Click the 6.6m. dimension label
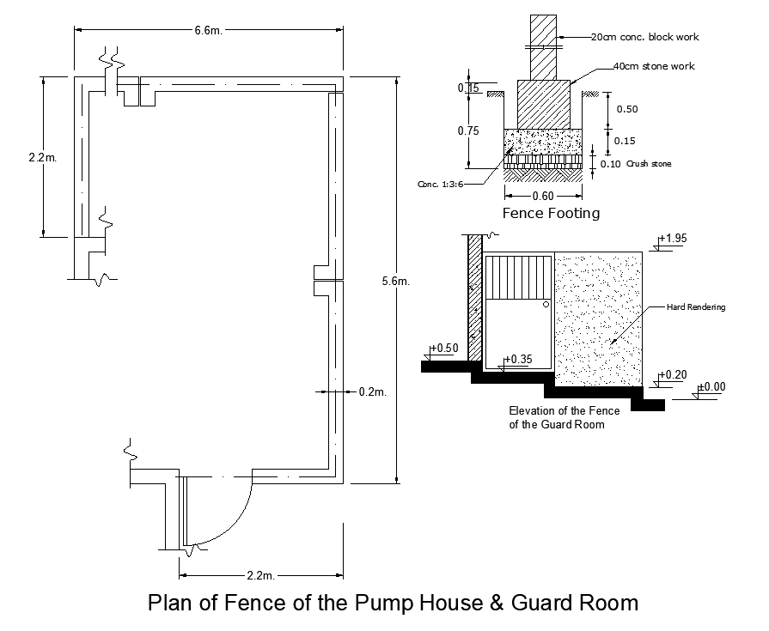[x=208, y=31]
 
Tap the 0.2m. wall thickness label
[x=372, y=391]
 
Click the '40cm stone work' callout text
[x=654, y=66]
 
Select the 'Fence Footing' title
[x=551, y=213]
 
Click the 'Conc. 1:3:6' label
[x=441, y=184]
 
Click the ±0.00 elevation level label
[x=711, y=387]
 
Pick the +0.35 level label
[x=519, y=359]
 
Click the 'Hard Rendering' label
[x=697, y=306]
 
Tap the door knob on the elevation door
[x=546, y=304]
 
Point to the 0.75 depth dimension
[x=468, y=130]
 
